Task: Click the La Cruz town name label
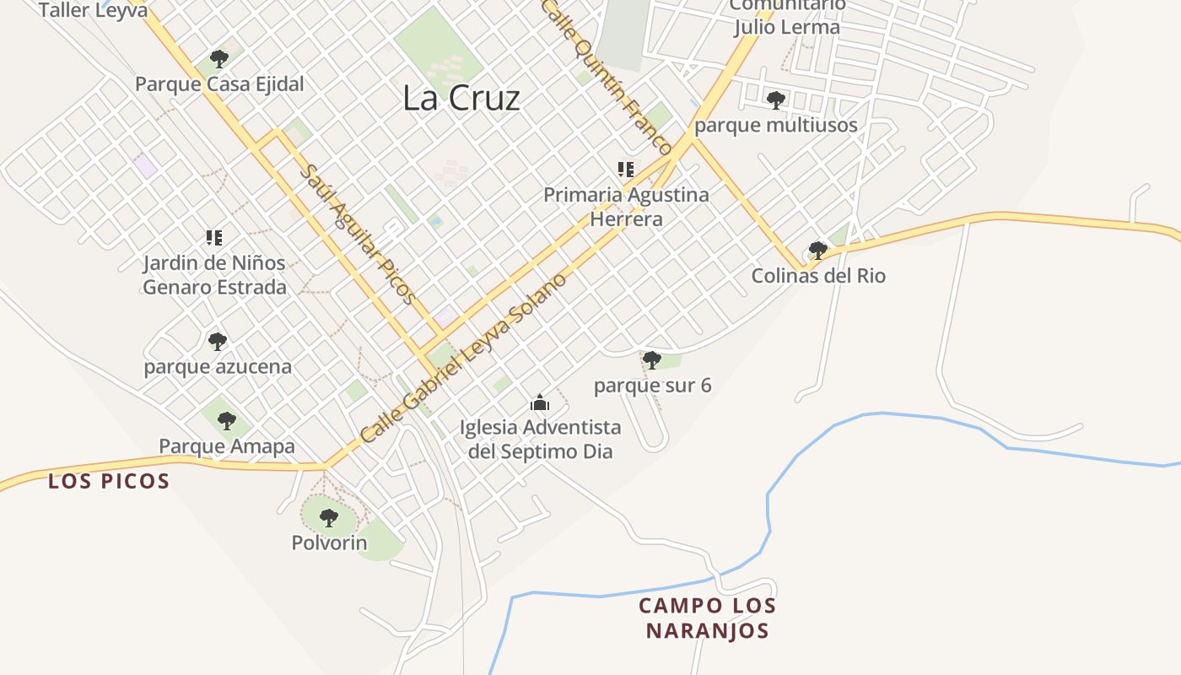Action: [x=461, y=98]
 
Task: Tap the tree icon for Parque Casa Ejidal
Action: [x=219, y=59]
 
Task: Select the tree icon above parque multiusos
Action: [x=775, y=100]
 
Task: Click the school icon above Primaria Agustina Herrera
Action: [x=626, y=169]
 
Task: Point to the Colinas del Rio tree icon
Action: [x=817, y=251]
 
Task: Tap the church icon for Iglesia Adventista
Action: [x=540, y=402]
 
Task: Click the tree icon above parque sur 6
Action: [x=651, y=360]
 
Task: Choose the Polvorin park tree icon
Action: [x=329, y=518]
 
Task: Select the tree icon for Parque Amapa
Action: [x=226, y=420]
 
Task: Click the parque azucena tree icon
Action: [x=218, y=342]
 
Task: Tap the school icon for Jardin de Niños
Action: [x=214, y=238]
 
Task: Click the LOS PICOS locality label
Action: [x=109, y=482]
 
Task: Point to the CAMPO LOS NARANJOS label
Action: [x=707, y=618]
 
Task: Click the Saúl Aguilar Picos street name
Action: [x=359, y=235]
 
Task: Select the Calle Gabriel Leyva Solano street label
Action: [x=462, y=359]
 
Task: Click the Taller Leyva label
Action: [x=93, y=10]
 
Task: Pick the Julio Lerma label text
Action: [x=786, y=27]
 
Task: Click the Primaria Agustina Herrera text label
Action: [x=626, y=207]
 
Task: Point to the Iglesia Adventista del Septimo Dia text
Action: [x=540, y=439]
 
